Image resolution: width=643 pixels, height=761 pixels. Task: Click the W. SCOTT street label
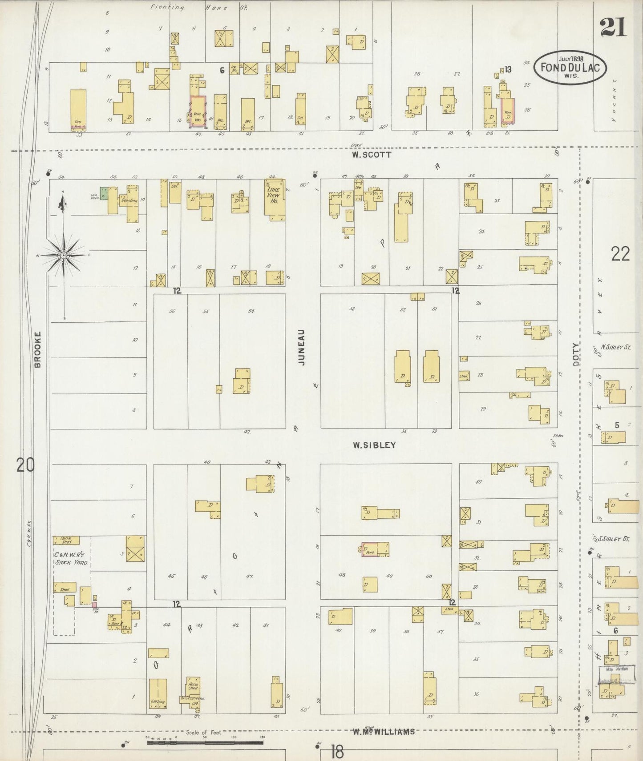371,155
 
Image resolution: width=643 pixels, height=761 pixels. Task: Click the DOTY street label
576,354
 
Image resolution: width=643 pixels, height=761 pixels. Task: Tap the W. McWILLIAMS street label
384,731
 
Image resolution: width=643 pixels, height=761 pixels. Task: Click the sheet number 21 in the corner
613,28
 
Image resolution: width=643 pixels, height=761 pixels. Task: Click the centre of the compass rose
64,255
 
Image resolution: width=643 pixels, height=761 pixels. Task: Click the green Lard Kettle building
103,193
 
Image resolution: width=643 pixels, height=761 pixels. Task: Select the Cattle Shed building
66,540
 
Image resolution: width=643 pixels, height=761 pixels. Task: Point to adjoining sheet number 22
620,254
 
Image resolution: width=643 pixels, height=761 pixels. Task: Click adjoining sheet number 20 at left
25,465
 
